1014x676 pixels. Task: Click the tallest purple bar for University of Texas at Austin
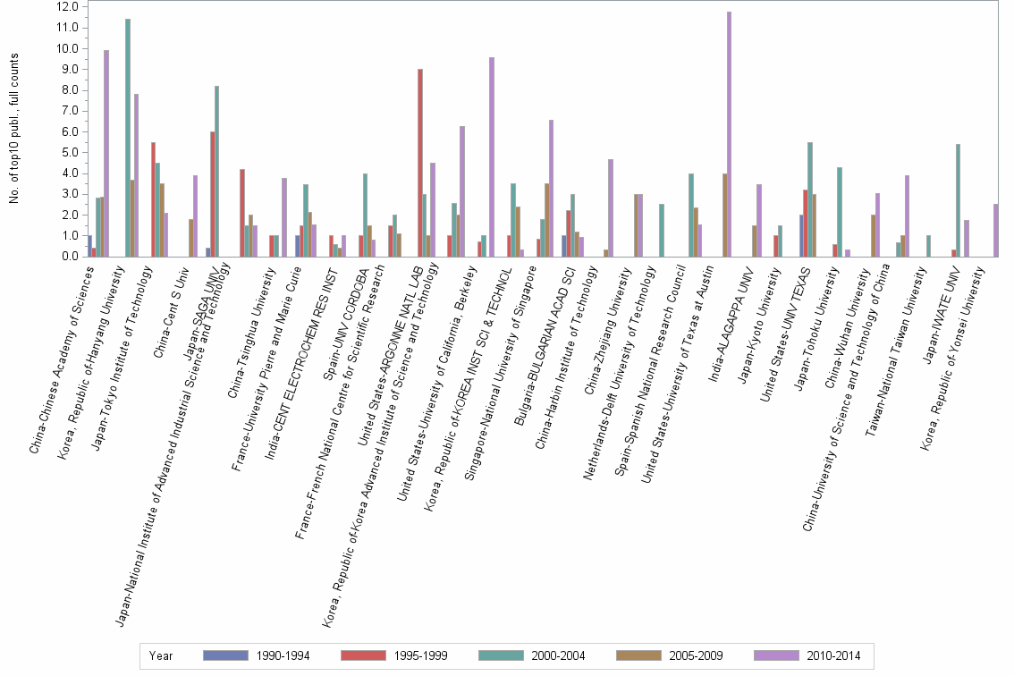click(729, 134)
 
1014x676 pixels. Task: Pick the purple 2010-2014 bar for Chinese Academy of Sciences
click(106, 153)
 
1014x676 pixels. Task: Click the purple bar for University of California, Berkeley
click(492, 156)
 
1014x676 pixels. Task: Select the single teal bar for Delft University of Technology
click(661, 230)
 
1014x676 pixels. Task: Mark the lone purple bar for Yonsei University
click(995, 230)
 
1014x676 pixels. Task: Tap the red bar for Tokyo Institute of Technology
click(154, 199)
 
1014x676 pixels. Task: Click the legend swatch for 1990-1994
click(225, 655)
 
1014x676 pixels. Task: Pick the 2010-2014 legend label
click(832, 655)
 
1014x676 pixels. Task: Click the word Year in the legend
click(161, 655)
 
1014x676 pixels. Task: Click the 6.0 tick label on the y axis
click(68, 131)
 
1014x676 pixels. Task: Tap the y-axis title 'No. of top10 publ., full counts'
click(13, 128)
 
